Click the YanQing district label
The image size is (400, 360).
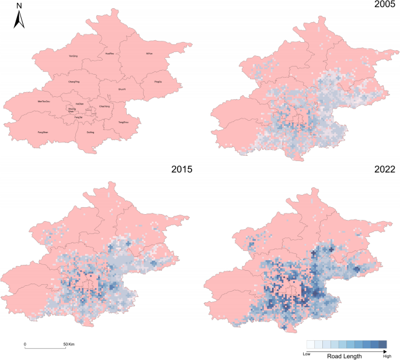74,57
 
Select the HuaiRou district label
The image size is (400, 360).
109,54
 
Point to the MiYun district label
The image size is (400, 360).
149,54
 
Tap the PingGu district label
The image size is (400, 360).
158,82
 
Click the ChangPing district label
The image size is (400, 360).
74,82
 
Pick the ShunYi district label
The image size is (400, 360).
122,89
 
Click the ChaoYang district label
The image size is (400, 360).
105,107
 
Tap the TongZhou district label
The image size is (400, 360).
123,123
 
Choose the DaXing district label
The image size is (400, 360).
89,132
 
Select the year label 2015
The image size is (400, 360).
183,170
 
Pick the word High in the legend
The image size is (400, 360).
387,355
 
